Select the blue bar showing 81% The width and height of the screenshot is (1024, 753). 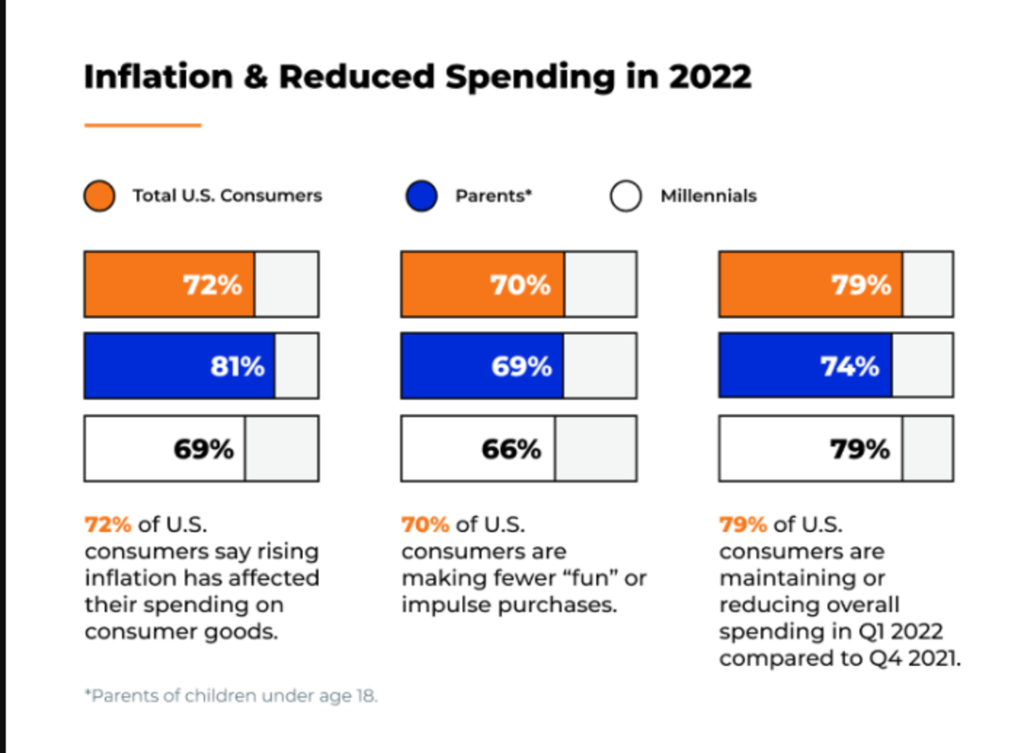[x=179, y=366]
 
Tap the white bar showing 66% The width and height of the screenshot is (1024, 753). [x=478, y=449]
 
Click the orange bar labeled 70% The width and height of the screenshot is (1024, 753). [x=482, y=284]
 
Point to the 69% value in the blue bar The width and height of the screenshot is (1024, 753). [x=521, y=367]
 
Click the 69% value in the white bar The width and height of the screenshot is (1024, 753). [x=203, y=449]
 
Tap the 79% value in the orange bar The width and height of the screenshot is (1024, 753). [x=861, y=284]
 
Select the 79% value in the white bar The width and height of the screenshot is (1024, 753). [x=860, y=449]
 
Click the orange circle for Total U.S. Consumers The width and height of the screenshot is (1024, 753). [x=100, y=196]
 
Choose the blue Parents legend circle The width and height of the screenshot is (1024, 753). [x=422, y=196]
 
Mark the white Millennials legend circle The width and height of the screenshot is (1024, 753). [x=625, y=196]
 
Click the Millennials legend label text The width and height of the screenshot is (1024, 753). [x=708, y=196]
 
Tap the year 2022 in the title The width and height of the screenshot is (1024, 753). [x=710, y=77]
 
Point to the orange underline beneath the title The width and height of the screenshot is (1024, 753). [x=143, y=125]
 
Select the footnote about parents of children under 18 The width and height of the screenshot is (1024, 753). [x=230, y=696]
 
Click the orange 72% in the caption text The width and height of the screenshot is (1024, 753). [x=108, y=524]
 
